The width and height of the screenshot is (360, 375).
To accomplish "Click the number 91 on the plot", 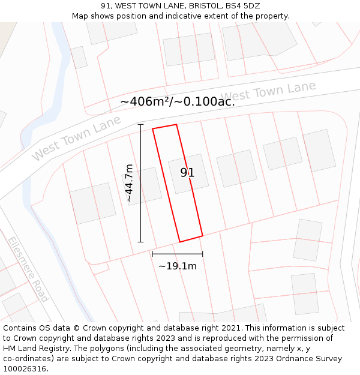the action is pyautogui.click(x=187, y=173).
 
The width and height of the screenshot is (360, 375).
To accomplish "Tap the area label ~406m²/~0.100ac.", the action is pyautogui.click(x=177, y=101).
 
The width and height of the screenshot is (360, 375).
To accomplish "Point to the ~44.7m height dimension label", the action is pyautogui.click(x=128, y=183).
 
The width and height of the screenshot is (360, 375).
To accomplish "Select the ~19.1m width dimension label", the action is pyautogui.click(x=177, y=266).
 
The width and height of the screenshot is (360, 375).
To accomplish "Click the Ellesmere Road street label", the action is pyautogui.click(x=28, y=269).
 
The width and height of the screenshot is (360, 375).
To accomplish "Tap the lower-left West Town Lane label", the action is pyautogui.click(x=76, y=138).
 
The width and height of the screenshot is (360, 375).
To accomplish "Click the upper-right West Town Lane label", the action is pyautogui.click(x=268, y=92).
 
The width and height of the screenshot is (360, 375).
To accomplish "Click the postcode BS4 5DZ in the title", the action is pyautogui.click(x=243, y=6).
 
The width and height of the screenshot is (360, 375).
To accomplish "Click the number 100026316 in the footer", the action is pyautogui.click(x=25, y=368).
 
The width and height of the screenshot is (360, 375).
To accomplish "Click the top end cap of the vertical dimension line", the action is pyautogui.click(x=141, y=124).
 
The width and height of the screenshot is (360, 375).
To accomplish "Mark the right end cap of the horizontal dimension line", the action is pyautogui.click(x=202, y=254).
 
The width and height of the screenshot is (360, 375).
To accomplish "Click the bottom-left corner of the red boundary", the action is pyautogui.click(x=180, y=242).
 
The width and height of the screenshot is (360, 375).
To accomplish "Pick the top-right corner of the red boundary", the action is pyautogui.click(x=176, y=125).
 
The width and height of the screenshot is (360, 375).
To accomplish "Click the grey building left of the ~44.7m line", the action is pyautogui.click(x=92, y=203).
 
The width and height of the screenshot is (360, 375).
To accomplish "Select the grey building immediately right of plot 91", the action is pyautogui.click(x=236, y=168).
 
